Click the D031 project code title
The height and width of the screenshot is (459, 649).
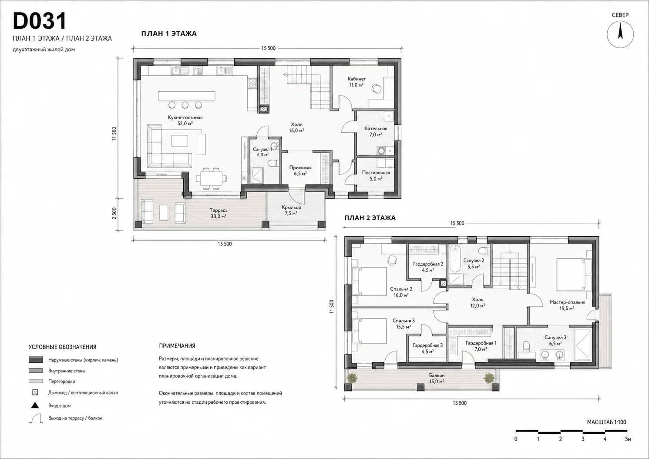[40, 21]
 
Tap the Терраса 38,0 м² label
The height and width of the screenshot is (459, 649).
[219, 213]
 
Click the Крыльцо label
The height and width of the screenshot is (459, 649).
[292, 208]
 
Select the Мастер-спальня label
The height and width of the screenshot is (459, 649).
[567, 302]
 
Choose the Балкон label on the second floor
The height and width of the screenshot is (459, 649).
[437, 375]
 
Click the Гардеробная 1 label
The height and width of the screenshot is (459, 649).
[481, 343]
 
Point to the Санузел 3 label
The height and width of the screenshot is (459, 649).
[555, 337]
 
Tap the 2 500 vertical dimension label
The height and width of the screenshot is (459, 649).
[114, 214]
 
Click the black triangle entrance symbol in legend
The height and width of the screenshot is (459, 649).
[35, 405]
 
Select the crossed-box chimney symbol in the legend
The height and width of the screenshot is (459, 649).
[35, 393]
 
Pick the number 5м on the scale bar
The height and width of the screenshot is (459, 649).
[628, 439]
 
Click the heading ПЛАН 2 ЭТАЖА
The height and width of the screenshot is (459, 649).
[370, 218]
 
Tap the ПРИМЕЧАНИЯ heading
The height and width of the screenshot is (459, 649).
[177, 346]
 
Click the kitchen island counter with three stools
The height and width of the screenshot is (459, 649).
[187, 96]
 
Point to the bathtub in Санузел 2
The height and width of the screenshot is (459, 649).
[454, 259]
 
